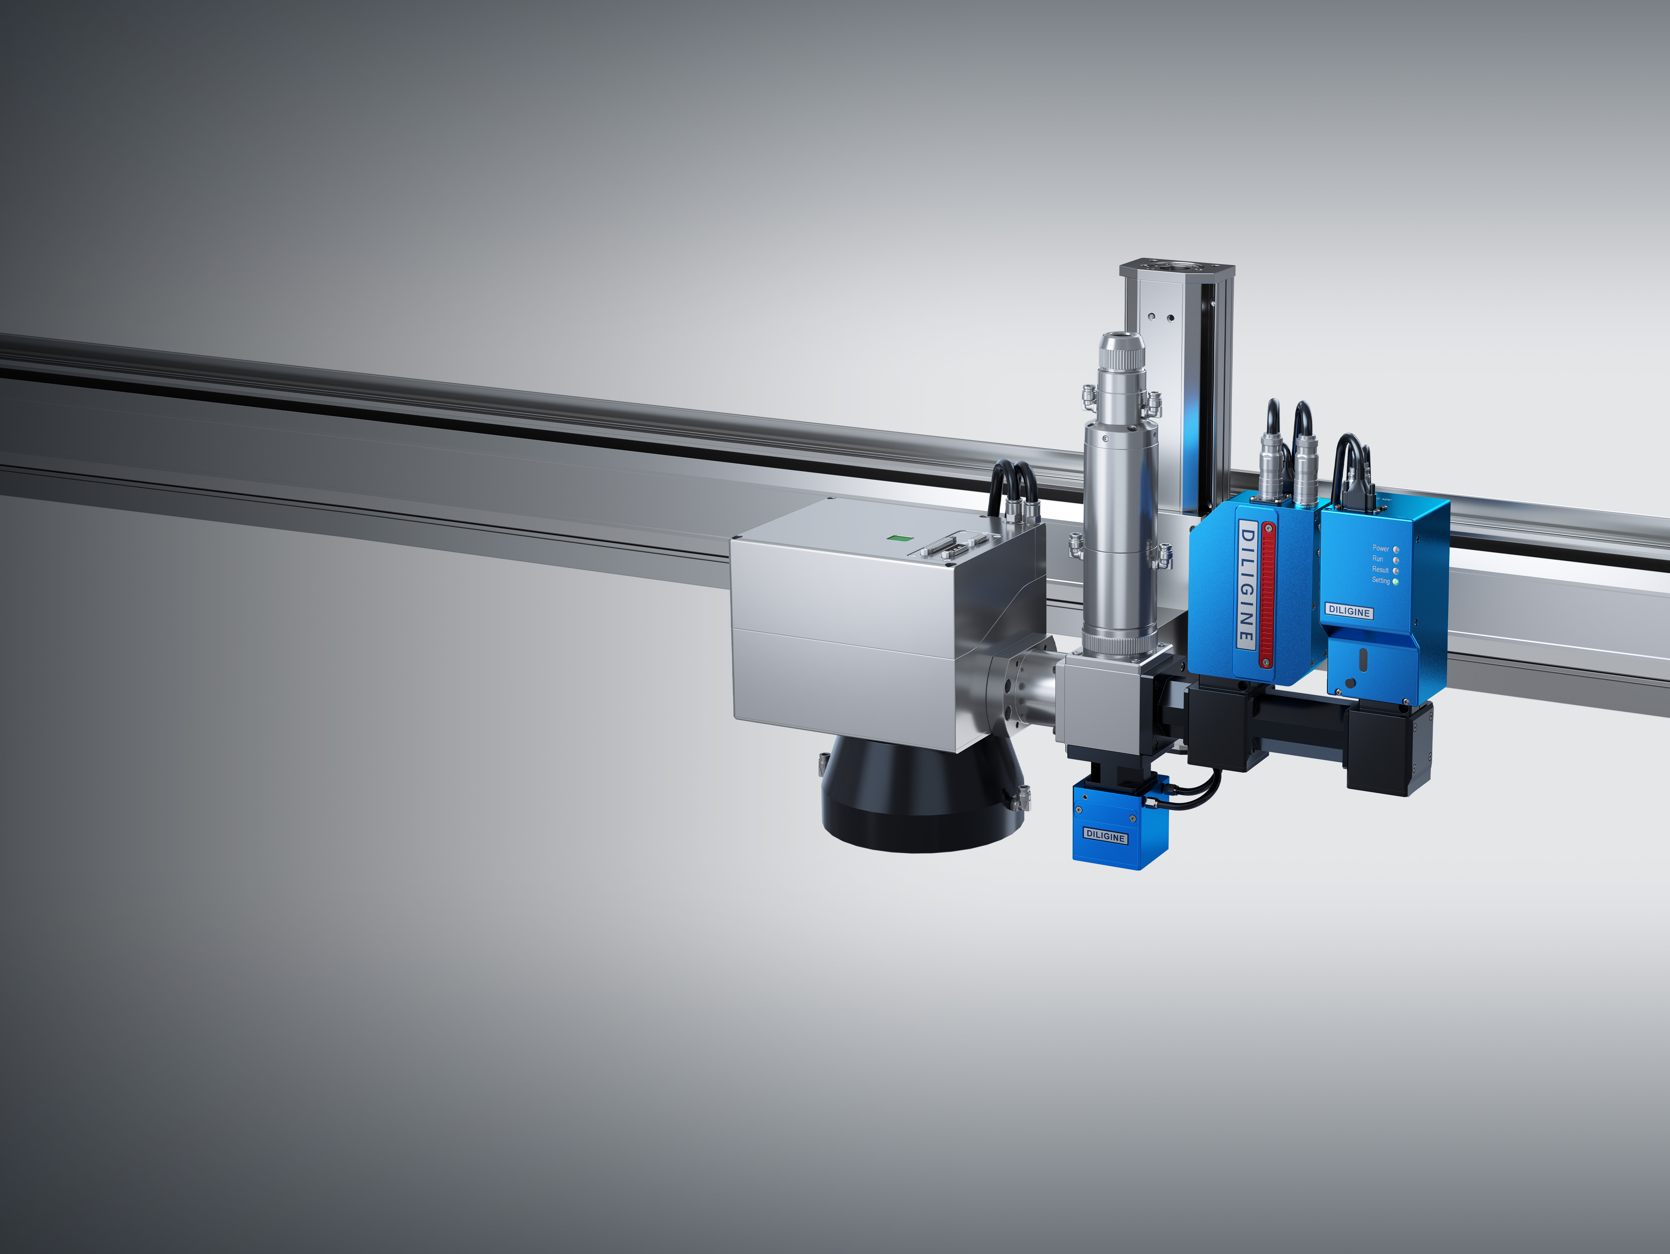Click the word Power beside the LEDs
pos(1380,548)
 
